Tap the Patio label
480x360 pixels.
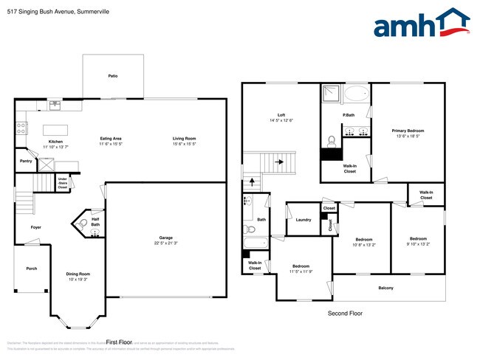click(x=113, y=76)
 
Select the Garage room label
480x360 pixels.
click(x=166, y=238)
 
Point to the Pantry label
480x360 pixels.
click(x=26, y=160)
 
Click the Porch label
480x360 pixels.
click(x=31, y=268)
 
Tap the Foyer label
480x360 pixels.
click(x=35, y=227)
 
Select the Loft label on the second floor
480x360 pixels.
click(x=281, y=115)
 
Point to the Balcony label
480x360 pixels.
click(x=385, y=288)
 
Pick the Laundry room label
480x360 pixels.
click(x=303, y=220)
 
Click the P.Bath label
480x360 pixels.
click(x=346, y=115)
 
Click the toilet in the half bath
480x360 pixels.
click(x=83, y=222)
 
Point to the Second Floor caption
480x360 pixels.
click(x=345, y=314)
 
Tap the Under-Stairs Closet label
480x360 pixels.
click(x=63, y=183)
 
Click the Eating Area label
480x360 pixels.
click(x=111, y=139)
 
